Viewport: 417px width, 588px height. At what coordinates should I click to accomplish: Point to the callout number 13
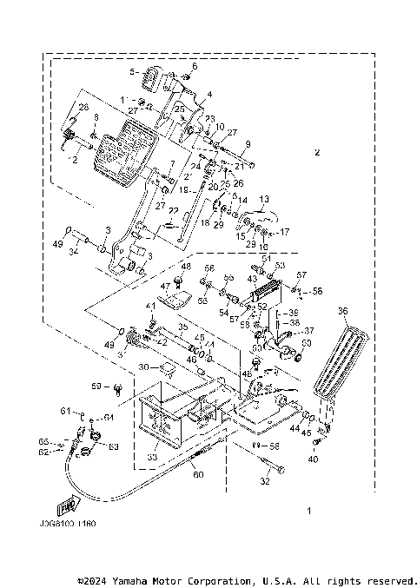click(264, 198)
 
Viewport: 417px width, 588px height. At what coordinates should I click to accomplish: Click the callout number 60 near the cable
click(197, 475)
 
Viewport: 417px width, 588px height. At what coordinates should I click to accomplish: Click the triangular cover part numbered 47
click(177, 301)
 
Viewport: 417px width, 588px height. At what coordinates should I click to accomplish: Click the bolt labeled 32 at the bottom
click(264, 471)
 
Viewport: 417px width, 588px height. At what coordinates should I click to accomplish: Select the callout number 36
click(342, 310)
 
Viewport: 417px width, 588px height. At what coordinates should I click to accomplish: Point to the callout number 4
click(208, 94)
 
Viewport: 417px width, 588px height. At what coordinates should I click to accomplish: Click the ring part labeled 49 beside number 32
click(67, 233)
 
